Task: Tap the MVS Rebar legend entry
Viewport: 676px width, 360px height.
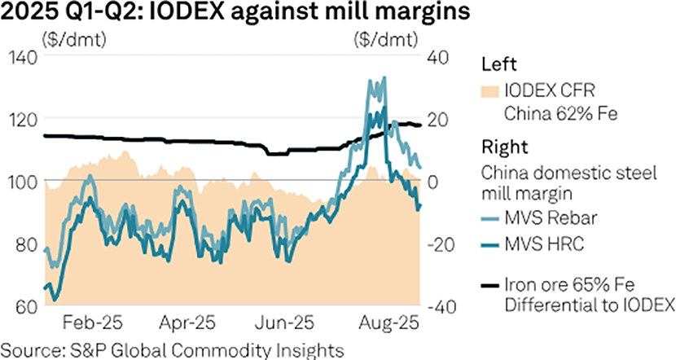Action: coord(549,217)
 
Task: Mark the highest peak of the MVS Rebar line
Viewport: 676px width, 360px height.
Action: coord(383,79)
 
